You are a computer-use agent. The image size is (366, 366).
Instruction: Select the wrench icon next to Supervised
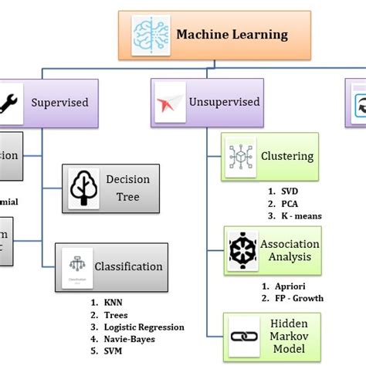12,101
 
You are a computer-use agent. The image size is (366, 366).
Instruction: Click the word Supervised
59,102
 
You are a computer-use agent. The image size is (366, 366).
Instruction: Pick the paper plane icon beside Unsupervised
169,101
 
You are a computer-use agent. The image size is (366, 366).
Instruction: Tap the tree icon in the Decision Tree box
83,188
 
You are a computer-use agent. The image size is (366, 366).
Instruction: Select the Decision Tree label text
127,188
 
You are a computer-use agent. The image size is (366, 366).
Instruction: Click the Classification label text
128,266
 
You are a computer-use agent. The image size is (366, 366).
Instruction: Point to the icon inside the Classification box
76,266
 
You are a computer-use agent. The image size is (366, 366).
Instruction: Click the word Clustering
287,157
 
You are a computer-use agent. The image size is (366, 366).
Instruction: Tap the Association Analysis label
290,250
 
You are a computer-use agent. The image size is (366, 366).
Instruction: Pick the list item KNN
112,302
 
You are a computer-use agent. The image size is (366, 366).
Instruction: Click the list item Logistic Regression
144,327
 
